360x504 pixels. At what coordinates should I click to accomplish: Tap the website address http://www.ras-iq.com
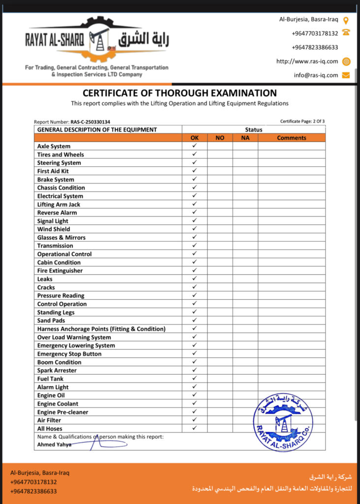click(x=307, y=62)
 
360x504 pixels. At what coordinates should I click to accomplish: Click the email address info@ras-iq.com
click(x=316, y=75)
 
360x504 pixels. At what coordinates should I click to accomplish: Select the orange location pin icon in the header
click(x=346, y=20)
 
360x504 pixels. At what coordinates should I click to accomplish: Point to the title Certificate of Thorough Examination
click(x=180, y=93)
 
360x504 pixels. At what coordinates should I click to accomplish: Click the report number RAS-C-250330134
click(x=90, y=122)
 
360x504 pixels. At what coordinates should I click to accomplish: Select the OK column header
click(x=195, y=138)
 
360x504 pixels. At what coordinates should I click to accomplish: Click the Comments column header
click(x=291, y=138)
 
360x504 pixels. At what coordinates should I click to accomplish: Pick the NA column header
click(x=245, y=138)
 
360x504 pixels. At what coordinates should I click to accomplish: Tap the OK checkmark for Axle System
click(x=195, y=146)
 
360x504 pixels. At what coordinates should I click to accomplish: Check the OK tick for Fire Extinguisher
click(x=195, y=270)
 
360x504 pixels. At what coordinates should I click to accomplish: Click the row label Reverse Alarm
click(x=57, y=213)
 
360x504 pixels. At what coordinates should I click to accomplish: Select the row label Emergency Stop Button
click(x=69, y=354)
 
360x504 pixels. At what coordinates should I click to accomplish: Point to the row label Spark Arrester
click(x=57, y=371)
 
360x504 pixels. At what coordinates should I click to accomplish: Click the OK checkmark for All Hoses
click(x=195, y=428)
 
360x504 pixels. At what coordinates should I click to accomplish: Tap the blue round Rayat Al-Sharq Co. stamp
click(x=283, y=422)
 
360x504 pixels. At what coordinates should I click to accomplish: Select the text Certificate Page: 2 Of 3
click(x=302, y=121)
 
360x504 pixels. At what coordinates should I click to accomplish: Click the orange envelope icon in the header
click(x=346, y=75)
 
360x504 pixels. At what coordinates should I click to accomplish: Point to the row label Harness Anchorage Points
click(x=101, y=329)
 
